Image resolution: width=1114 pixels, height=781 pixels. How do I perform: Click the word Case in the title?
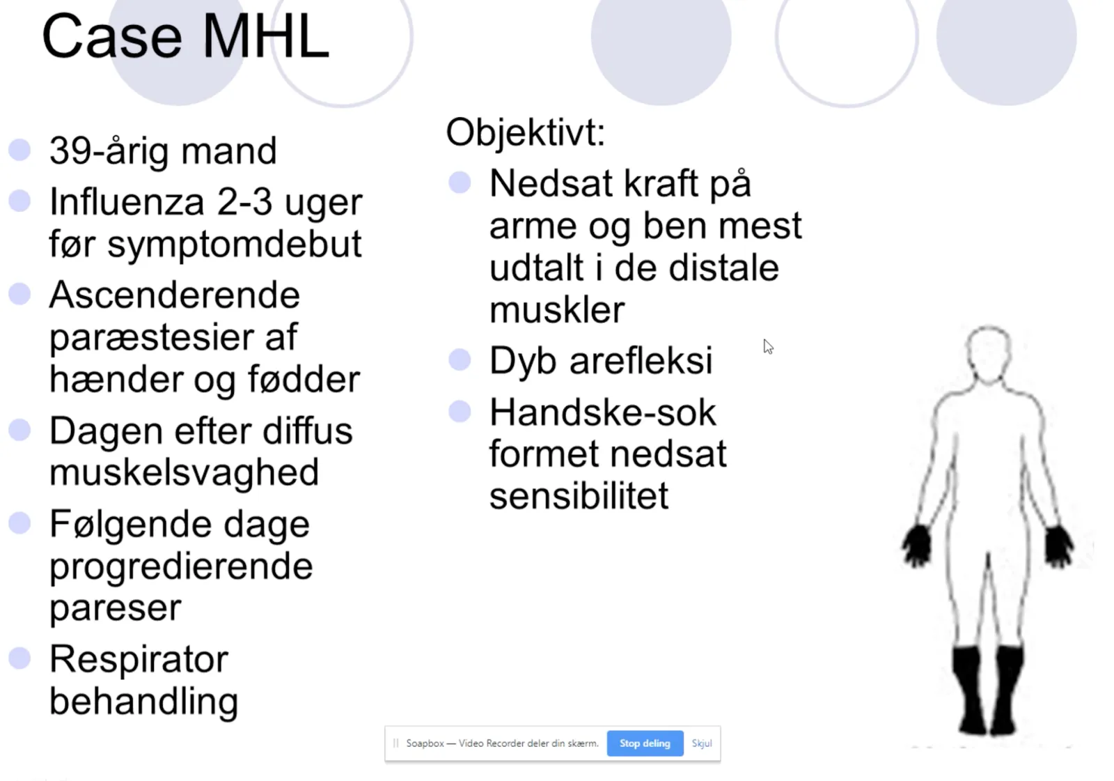[x=112, y=36]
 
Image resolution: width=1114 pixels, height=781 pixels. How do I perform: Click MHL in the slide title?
[x=265, y=36]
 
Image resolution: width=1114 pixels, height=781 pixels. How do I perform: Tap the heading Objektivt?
[x=525, y=132]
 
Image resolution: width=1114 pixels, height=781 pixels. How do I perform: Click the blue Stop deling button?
[x=645, y=743]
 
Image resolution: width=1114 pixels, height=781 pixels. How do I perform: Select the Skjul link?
[x=702, y=743]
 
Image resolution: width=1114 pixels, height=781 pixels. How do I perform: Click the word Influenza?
[x=127, y=202]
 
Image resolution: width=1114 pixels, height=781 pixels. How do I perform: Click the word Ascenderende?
[x=175, y=295]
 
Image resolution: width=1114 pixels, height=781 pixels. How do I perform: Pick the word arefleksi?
[x=641, y=360]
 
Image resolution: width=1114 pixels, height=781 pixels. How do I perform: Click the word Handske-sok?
[x=603, y=412]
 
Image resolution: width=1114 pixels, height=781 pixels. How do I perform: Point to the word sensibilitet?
[x=579, y=495]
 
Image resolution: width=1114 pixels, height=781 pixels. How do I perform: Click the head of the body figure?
[x=989, y=353]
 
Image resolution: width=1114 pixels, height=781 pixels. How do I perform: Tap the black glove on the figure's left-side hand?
[x=916, y=546]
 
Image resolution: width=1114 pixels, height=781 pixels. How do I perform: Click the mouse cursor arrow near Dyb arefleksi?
[x=768, y=346]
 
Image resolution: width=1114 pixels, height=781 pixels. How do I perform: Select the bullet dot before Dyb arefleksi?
[x=460, y=359]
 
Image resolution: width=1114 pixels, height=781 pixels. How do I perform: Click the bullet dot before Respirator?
[x=20, y=658]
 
